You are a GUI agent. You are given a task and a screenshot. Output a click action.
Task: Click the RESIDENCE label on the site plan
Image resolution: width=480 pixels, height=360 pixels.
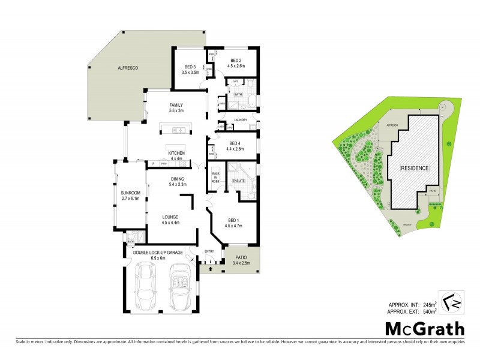pyautogui.click(x=415, y=168)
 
